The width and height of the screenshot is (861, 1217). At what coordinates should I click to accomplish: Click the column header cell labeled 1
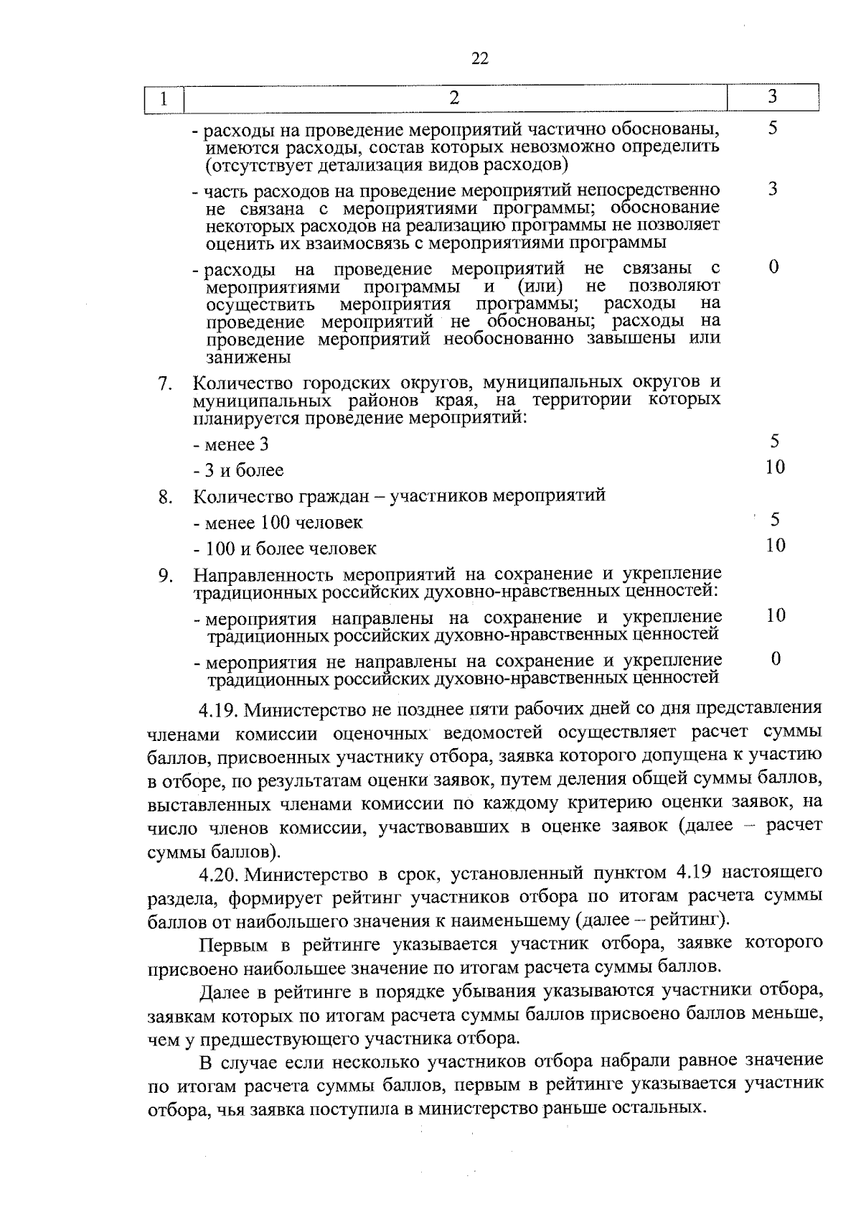coord(164,99)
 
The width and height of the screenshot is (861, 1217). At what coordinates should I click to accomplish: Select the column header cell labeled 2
coord(453,98)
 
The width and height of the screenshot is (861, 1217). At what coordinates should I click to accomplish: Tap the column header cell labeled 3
coord(772,97)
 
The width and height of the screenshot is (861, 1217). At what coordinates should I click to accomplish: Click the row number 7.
coord(165,384)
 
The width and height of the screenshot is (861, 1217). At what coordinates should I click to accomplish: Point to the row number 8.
coord(165,497)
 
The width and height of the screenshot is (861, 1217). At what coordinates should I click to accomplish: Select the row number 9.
coord(165,576)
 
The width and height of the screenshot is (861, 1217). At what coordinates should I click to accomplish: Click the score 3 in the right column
coord(773,189)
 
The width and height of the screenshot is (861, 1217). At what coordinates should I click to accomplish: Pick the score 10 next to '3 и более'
coord(775,467)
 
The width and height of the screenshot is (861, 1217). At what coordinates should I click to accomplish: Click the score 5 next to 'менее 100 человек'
coord(775,519)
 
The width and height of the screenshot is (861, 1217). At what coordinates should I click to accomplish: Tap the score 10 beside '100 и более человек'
coord(775,546)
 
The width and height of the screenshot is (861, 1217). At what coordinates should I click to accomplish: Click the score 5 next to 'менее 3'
coord(774,442)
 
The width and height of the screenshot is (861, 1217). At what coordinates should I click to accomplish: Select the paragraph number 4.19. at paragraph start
coord(219,710)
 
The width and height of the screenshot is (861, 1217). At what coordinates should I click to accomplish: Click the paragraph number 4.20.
coord(220,874)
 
